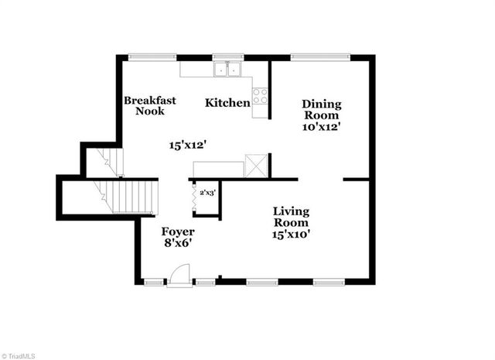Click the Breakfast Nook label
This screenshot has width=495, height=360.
click(150, 105)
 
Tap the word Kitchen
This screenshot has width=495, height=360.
click(227, 102)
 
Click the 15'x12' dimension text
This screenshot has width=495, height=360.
click(188, 144)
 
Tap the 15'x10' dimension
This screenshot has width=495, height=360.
click(291, 232)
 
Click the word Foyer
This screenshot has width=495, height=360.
click(177, 231)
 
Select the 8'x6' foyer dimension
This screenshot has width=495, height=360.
click(177, 243)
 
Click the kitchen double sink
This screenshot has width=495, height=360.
click(228, 70)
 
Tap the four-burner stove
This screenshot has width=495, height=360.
click(261, 96)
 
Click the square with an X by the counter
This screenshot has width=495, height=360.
click(256, 166)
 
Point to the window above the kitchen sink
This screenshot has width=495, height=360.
click(228, 57)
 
